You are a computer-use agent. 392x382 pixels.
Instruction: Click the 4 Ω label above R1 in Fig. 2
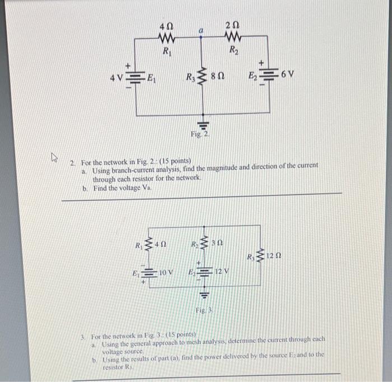[166, 26]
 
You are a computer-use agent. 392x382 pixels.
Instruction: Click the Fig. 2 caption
[199, 135]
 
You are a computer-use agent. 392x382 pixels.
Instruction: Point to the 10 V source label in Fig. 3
[166, 272]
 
